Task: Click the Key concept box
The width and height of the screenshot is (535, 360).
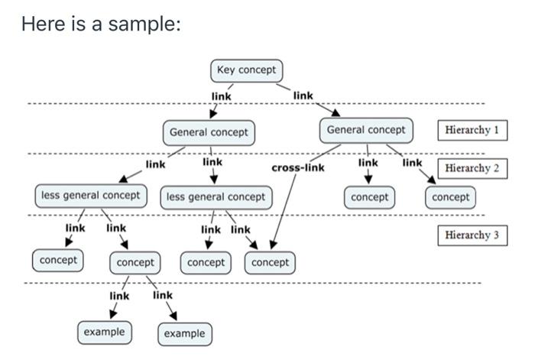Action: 246,70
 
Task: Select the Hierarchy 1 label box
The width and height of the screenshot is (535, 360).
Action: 472,130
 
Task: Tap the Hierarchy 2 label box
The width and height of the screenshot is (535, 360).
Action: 472,168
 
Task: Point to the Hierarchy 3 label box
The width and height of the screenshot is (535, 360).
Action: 472,235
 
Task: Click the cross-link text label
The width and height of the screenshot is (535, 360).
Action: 297,167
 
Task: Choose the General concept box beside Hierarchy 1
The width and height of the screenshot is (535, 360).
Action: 366,130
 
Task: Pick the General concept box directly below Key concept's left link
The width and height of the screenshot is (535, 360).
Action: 209,132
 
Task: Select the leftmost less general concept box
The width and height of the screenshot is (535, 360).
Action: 90,196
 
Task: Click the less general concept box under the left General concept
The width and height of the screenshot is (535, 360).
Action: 216,197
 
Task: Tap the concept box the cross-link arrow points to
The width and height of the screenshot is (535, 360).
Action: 271,263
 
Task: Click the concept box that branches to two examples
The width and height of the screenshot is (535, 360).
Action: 135,263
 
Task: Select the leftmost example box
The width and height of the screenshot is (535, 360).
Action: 104,332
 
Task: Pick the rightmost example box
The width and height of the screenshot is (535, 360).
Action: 184,334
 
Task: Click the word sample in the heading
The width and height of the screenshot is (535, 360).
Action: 144,24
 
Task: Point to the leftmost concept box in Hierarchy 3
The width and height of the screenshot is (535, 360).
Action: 58,261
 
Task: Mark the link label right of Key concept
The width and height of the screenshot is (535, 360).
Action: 303,96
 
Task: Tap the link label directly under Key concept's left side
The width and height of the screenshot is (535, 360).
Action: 222,96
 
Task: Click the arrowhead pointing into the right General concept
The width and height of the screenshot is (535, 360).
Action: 334,113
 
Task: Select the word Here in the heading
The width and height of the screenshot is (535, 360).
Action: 41,24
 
